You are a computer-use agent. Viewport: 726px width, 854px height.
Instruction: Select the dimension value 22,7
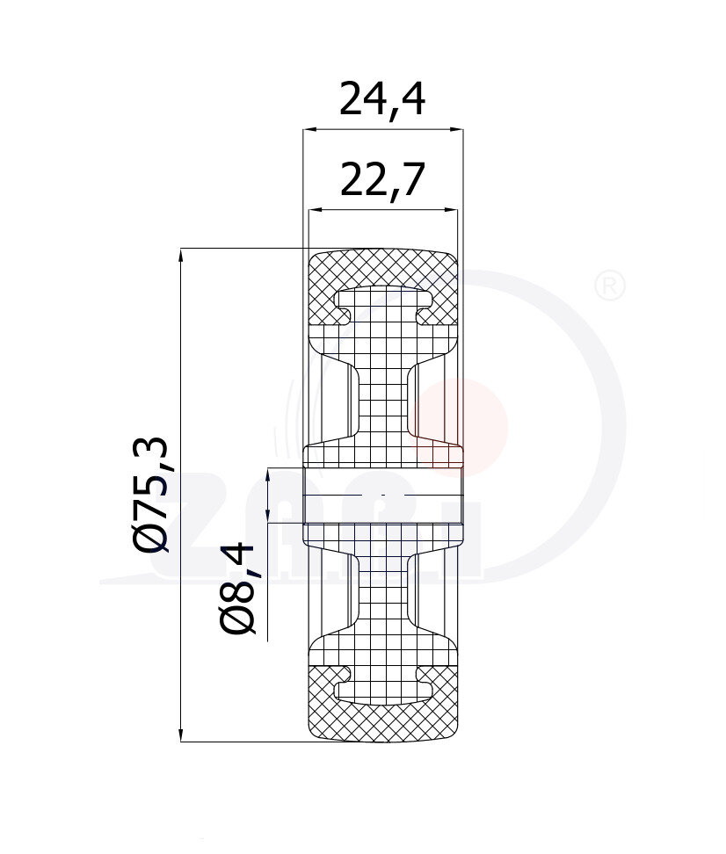(x=382, y=180)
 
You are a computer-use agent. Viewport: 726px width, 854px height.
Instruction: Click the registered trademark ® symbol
(x=610, y=286)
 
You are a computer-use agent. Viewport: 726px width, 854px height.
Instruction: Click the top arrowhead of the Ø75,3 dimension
(x=181, y=256)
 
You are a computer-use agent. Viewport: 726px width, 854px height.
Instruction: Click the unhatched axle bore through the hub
(x=382, y=496)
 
